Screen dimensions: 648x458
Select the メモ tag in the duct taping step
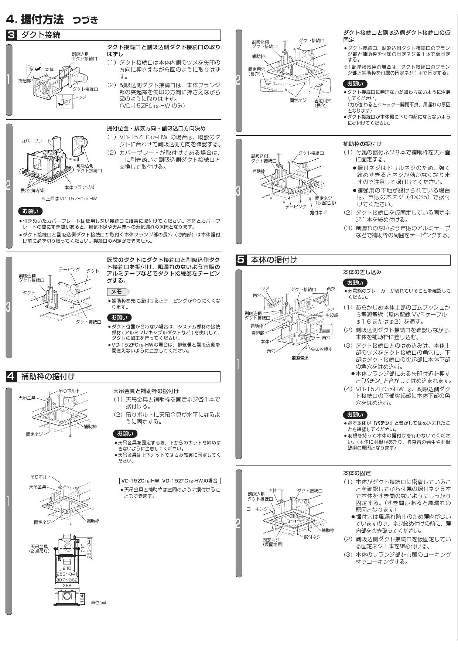point(117,292)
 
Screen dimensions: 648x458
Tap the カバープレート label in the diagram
point(35,141)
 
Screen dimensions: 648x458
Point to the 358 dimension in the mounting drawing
point(67,585)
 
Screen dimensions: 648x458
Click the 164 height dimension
point(82,598)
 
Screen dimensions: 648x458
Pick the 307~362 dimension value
point(67,580)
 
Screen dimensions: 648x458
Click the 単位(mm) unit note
point(98,603)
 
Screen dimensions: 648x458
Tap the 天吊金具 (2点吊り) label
point(39,549)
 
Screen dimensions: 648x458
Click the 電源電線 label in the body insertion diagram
point(300,358)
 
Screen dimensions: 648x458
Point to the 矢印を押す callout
point(321,349)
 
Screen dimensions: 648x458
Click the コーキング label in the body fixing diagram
point(257,509)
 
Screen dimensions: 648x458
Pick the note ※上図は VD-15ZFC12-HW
point(69,198)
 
